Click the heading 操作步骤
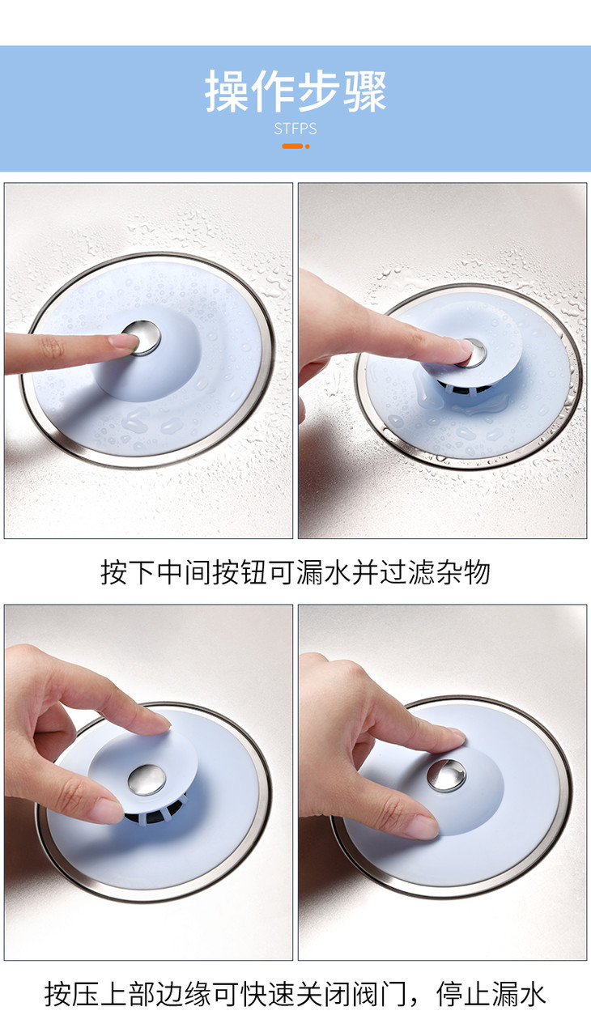pyautogui.click(x=295, y=91)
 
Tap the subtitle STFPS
pyautogui.click(x=295, y=129)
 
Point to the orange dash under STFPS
pyautogui.click(x=292, y=146)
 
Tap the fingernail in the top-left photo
pyautogui.click(x=123, y=341)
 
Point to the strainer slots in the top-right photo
pyautogui.click(x=465, y=388)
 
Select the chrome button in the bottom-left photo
pyautogui.click(x=147, y=779)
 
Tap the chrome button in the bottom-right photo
pyautogui.click(x=446, y=775)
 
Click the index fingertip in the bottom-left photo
pyautogui.click(x=159, y=724)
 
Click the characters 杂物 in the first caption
pyautogui.click(x=462, y=572)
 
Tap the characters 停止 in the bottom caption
pyautogui.click(x=463, y=994)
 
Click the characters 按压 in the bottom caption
pyautogui.click(x=72, y=994)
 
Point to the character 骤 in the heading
pyautogui.click(x=365, y=91)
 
